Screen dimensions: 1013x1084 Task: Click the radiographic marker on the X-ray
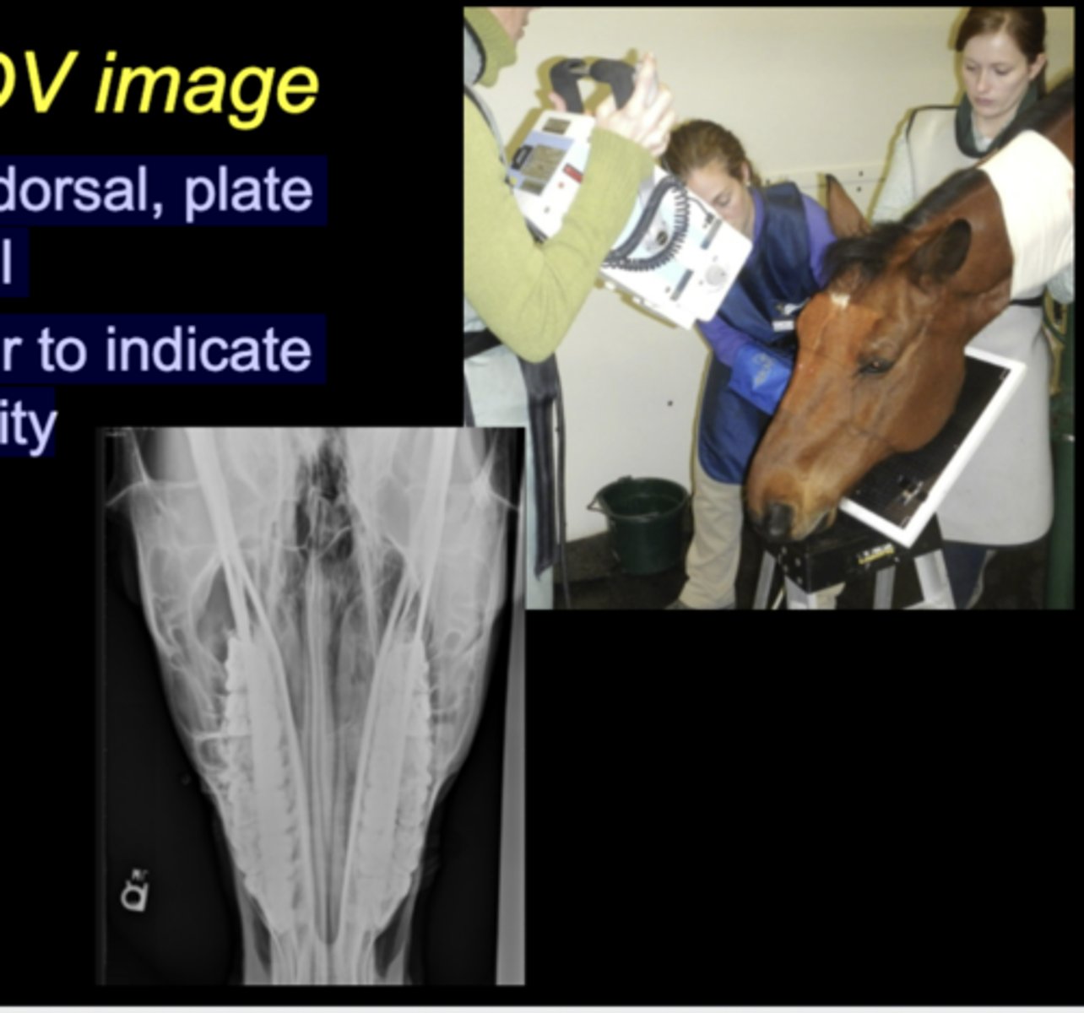coord(135,891)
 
